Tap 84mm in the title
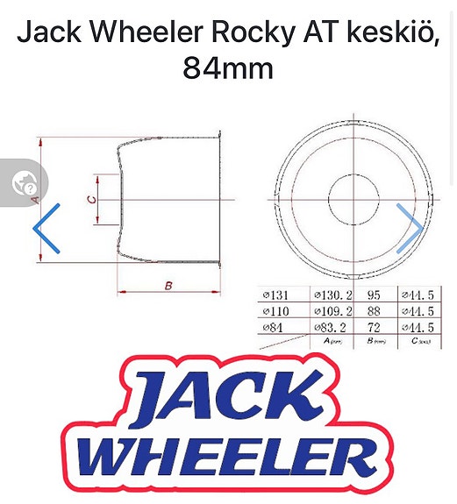click(227, 67)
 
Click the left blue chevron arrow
click(46, 228)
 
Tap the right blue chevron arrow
click(409, 228)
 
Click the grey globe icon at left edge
click(24, 183)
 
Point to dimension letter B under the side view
click(168, 287)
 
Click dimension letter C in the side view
click(91, 199)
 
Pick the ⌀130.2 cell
click(332, 295)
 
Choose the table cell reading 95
click(374, 295)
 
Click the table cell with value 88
click(374, 311)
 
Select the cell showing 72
click(374, 327)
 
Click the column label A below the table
click(331, 341)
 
